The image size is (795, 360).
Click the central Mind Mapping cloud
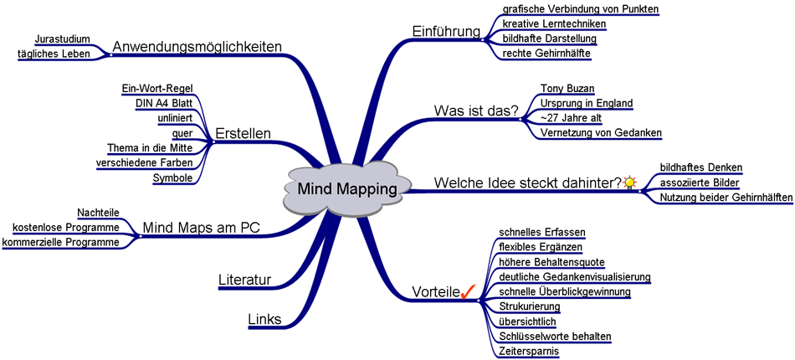click(x=347, y=189)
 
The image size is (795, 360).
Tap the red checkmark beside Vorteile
click(x=468, y=291)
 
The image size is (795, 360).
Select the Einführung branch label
click(x=446, y=32)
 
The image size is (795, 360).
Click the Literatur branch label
click(x=244, y=280)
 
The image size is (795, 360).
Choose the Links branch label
click(x=264, y=318)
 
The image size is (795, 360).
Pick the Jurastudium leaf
click(x=63, y=39)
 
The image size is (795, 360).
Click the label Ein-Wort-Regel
click(x=158, y=88)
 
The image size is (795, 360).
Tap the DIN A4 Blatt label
click(x=164, y=103)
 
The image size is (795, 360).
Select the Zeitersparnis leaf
click(x=529, y=351)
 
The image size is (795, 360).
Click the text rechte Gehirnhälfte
click(x=546, y=54)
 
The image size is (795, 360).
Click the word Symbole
click(x=173, y=177)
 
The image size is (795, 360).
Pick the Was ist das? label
click(x=475, y=111)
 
